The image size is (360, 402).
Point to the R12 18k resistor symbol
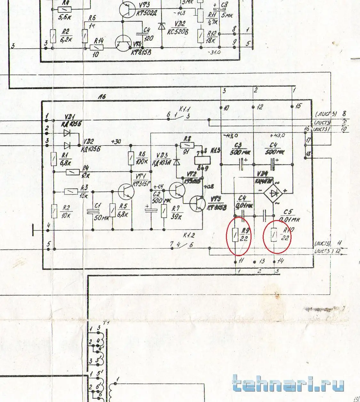[x=200, y=35]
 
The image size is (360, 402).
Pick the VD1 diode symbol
[x=67, y=132]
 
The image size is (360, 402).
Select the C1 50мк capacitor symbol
[x=92, y=211]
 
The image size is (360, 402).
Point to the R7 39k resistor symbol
[x=164, y=211]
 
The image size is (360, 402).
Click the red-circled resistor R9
[x=235, y=236]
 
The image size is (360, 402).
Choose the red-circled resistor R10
[x=274, y=236]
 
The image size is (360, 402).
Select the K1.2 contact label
[x=189, y=235]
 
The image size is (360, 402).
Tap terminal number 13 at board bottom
[x=261, y=261]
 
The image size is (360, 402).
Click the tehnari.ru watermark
[x=288, y=384]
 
